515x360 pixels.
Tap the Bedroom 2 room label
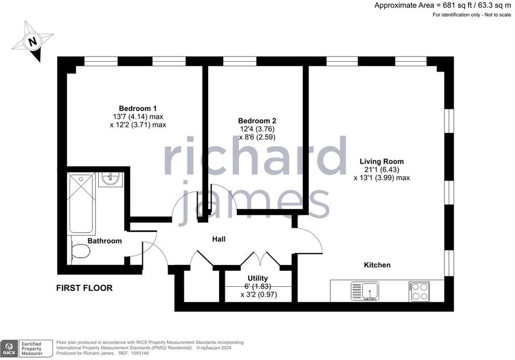coord(254,120)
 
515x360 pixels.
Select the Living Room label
coord(382,161)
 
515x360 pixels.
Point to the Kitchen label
coord(376,265)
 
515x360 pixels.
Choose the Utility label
coord(257,279)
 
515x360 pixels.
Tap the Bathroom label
coord(104,241)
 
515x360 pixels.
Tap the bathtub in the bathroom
coord(81,203)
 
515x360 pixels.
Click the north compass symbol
coord(33,41)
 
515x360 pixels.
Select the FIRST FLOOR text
coord(84,288)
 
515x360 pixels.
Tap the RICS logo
coord(8,348)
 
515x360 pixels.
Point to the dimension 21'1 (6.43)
coord(382,170)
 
